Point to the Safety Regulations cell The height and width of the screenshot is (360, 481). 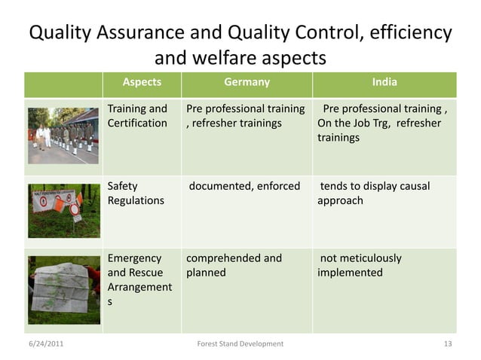(136, 194)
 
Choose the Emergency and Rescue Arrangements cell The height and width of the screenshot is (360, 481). (140, 279)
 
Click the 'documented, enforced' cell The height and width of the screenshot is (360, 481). (244, 186)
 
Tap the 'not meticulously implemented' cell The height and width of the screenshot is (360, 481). (360, 265)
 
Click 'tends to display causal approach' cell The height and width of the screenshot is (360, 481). (375, 194)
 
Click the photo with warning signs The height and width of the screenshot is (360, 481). (63, 210)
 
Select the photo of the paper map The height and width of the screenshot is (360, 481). (63, 289)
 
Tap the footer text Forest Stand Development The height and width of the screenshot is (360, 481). (240, 344)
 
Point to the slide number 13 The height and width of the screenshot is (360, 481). (448, 344)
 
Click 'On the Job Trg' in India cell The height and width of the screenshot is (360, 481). (354, 123)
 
